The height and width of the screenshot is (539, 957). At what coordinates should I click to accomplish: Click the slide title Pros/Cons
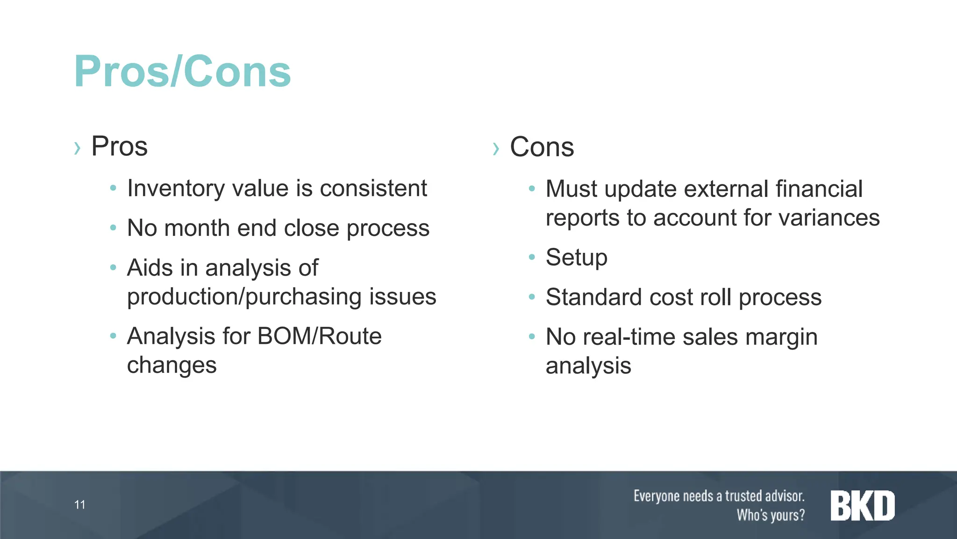182,72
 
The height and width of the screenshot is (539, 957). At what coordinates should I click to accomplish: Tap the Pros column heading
119,146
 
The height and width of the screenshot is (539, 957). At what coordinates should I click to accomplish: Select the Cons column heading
542,147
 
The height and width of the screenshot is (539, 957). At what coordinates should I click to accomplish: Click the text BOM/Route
319,336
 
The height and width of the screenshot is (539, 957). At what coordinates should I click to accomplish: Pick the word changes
171,365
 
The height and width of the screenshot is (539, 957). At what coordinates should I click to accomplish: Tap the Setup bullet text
576,258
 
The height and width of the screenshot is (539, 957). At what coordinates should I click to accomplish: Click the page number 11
80,505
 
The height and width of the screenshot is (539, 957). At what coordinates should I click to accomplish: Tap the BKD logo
862,506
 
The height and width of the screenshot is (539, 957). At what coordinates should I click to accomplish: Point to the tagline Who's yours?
771,515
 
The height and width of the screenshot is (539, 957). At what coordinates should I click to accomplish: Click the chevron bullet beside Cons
496,149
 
